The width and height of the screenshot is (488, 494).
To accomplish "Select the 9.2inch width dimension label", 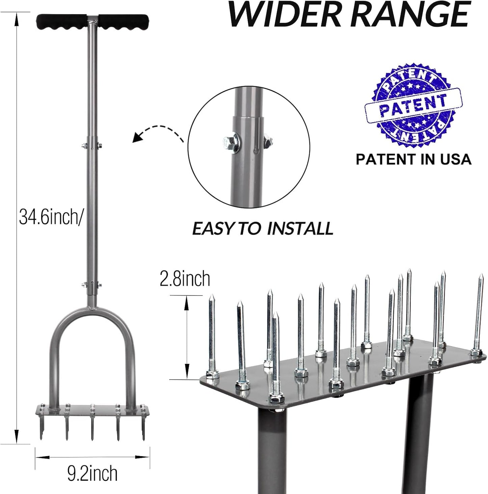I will [92, 473].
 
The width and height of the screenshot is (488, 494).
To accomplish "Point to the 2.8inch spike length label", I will [185, 279].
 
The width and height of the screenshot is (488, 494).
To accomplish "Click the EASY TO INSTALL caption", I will [262, 229].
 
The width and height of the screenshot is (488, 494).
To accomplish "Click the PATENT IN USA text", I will [413, 159].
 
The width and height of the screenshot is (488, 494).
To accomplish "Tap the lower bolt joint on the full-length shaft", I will [92, 284].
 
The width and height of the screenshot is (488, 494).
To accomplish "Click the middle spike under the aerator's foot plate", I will [92, 427].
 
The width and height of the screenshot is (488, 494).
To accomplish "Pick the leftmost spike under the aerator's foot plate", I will [41, 427].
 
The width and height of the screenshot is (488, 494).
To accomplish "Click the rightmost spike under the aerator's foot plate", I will [143, 427].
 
